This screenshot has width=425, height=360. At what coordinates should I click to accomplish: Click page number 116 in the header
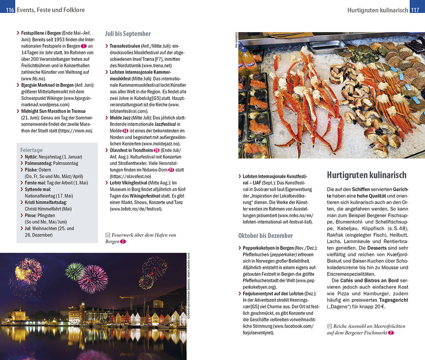tap(10, 10)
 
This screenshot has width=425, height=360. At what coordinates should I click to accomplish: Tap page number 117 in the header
tap(415, 10)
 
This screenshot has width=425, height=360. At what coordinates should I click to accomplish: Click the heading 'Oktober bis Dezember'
tap(265, 236)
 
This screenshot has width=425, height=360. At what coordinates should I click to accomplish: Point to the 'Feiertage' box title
tap(32, 150)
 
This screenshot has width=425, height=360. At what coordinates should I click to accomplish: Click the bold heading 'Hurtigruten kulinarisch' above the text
tap(367, 175)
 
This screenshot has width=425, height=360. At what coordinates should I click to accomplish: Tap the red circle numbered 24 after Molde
tap(125, 130)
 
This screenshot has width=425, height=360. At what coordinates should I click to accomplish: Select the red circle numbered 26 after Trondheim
tap(157, 150)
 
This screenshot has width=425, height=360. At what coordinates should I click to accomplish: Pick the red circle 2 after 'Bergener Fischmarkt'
tap(390, 332)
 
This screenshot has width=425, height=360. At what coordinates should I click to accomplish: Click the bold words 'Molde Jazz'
tap(120, 117)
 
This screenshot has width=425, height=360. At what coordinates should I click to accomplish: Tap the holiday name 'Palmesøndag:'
tap(38, 163)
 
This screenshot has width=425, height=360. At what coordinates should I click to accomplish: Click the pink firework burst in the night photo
tap(92, 279)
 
